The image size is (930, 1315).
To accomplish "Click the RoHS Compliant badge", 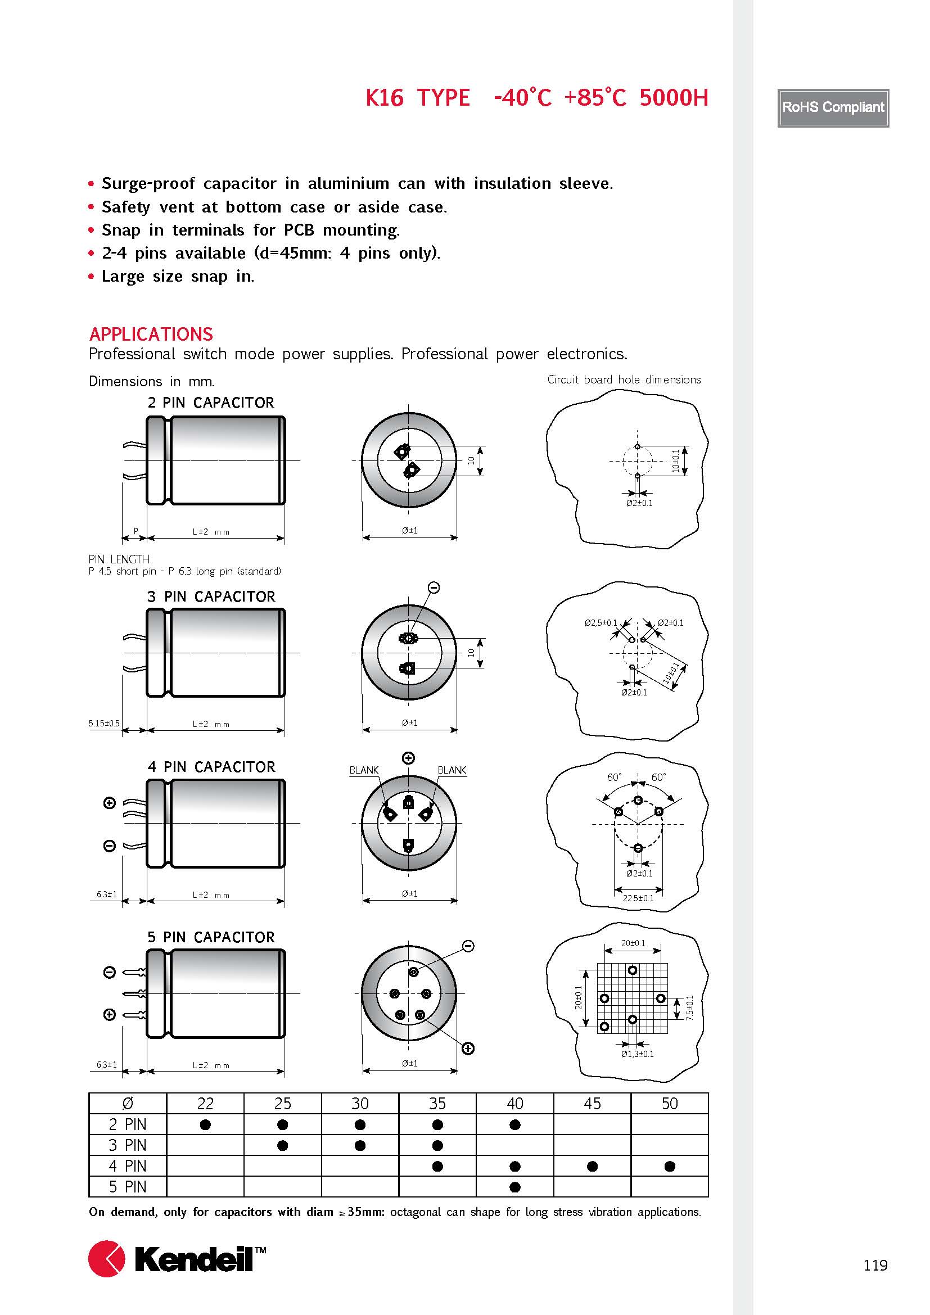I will pos(833,108).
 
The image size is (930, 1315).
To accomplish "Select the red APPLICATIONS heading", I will pos(151,334).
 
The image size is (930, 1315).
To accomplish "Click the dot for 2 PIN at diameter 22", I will pos(205,1125).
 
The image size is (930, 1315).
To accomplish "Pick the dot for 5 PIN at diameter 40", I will pos(515,1187).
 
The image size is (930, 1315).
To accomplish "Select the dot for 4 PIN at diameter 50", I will pos(670,1166).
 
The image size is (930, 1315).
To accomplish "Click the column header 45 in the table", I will pos(592,1104).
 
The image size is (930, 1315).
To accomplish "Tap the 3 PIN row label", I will pos(128,1145).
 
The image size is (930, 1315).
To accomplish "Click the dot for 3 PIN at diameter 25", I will pos(282,1145).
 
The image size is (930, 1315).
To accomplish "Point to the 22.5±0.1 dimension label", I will pos(638,898).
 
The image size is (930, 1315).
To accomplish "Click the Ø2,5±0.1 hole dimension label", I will pos(601,622).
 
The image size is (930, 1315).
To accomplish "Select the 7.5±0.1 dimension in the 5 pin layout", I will pos(689,1007).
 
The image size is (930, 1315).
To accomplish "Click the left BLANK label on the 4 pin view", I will pos(364,770).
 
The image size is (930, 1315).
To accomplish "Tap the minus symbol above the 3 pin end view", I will pos(434,588).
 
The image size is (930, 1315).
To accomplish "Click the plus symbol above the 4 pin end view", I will pos(408,758).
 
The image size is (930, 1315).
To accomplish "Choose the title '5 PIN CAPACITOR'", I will pos(211,937).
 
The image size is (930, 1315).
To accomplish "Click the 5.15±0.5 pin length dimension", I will pos(104,724).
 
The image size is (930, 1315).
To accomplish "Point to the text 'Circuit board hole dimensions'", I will pos(624,379).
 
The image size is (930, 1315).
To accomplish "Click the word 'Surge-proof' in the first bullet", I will pos(148,183).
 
